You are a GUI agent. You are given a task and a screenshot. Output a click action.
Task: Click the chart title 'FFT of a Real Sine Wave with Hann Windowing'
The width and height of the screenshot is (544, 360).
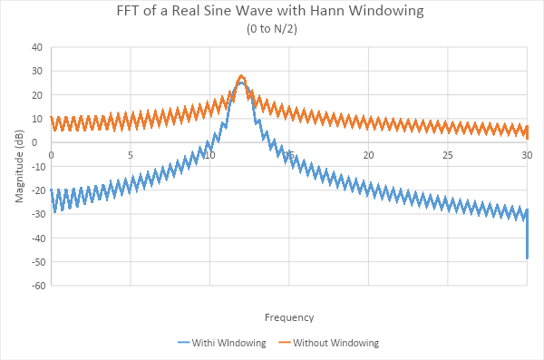271,12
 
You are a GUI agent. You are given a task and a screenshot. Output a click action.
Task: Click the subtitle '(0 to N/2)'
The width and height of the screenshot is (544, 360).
271,29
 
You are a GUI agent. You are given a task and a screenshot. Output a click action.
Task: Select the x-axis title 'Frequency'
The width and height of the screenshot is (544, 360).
289,316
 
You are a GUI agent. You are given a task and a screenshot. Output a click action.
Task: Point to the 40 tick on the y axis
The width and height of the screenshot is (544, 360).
37,47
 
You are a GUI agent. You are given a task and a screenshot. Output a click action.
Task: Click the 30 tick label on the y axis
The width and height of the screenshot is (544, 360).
37,71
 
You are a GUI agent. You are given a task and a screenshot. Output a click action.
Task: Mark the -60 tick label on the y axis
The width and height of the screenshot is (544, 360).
35,286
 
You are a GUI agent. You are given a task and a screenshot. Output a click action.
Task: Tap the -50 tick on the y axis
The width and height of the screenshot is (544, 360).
35,262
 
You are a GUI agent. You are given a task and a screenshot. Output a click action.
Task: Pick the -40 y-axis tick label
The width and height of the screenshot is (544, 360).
35,238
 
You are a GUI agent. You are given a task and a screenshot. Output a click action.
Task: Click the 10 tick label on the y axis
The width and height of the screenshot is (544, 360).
37,119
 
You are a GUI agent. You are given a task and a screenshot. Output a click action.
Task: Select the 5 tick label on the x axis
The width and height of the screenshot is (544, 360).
131,155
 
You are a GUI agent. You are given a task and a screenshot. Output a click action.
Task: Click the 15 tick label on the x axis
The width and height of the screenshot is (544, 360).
289,155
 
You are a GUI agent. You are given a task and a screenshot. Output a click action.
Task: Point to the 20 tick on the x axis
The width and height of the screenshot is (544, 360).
368,155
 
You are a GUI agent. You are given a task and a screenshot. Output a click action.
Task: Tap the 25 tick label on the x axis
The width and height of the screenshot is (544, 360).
448,155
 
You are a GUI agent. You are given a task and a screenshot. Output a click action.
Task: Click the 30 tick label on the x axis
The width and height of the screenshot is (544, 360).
527,155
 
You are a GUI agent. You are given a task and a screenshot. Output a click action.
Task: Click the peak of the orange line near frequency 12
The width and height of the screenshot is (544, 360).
241,75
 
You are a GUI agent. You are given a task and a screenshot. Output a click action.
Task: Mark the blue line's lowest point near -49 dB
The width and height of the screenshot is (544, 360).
527,258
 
